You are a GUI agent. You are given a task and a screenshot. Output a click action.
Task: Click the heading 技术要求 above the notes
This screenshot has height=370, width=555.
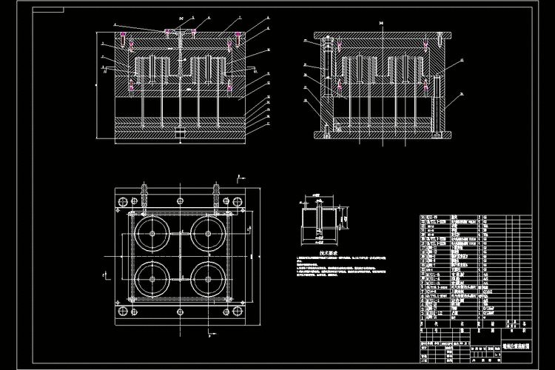pyautogui.click(x=328, y=252)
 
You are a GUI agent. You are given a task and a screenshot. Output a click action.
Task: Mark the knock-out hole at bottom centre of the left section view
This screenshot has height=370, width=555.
pyautogui.click(x=180, y=133)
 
